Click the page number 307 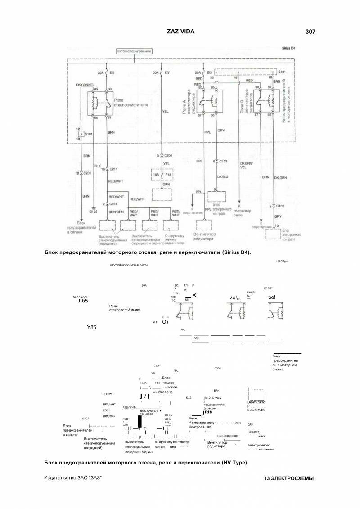tap(310, 32)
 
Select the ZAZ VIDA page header tap(180, 32)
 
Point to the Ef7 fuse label tap(167, 72)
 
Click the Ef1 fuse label tap(112, 72)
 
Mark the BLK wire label tap(97, 165)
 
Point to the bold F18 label tap(208, 412)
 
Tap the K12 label tap(189, 398)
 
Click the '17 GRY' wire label tap(268, 288)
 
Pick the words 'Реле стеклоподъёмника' tap(125, 308)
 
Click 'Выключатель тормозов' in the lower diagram tap(150, 412)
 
